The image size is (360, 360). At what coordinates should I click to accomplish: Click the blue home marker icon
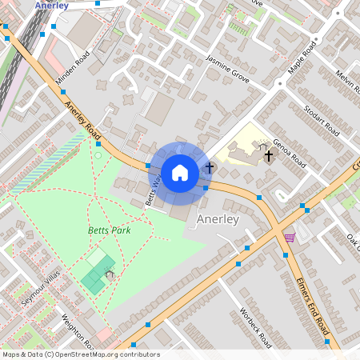point(180,172)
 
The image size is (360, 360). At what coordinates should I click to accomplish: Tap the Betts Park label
point(109,230)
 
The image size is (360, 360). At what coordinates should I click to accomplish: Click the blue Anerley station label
point(52,5)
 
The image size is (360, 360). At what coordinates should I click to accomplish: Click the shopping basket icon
point(289,236)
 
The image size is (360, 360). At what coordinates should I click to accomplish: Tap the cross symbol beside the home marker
point(210,167)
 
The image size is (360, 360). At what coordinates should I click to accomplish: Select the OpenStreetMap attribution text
point(81,354)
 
